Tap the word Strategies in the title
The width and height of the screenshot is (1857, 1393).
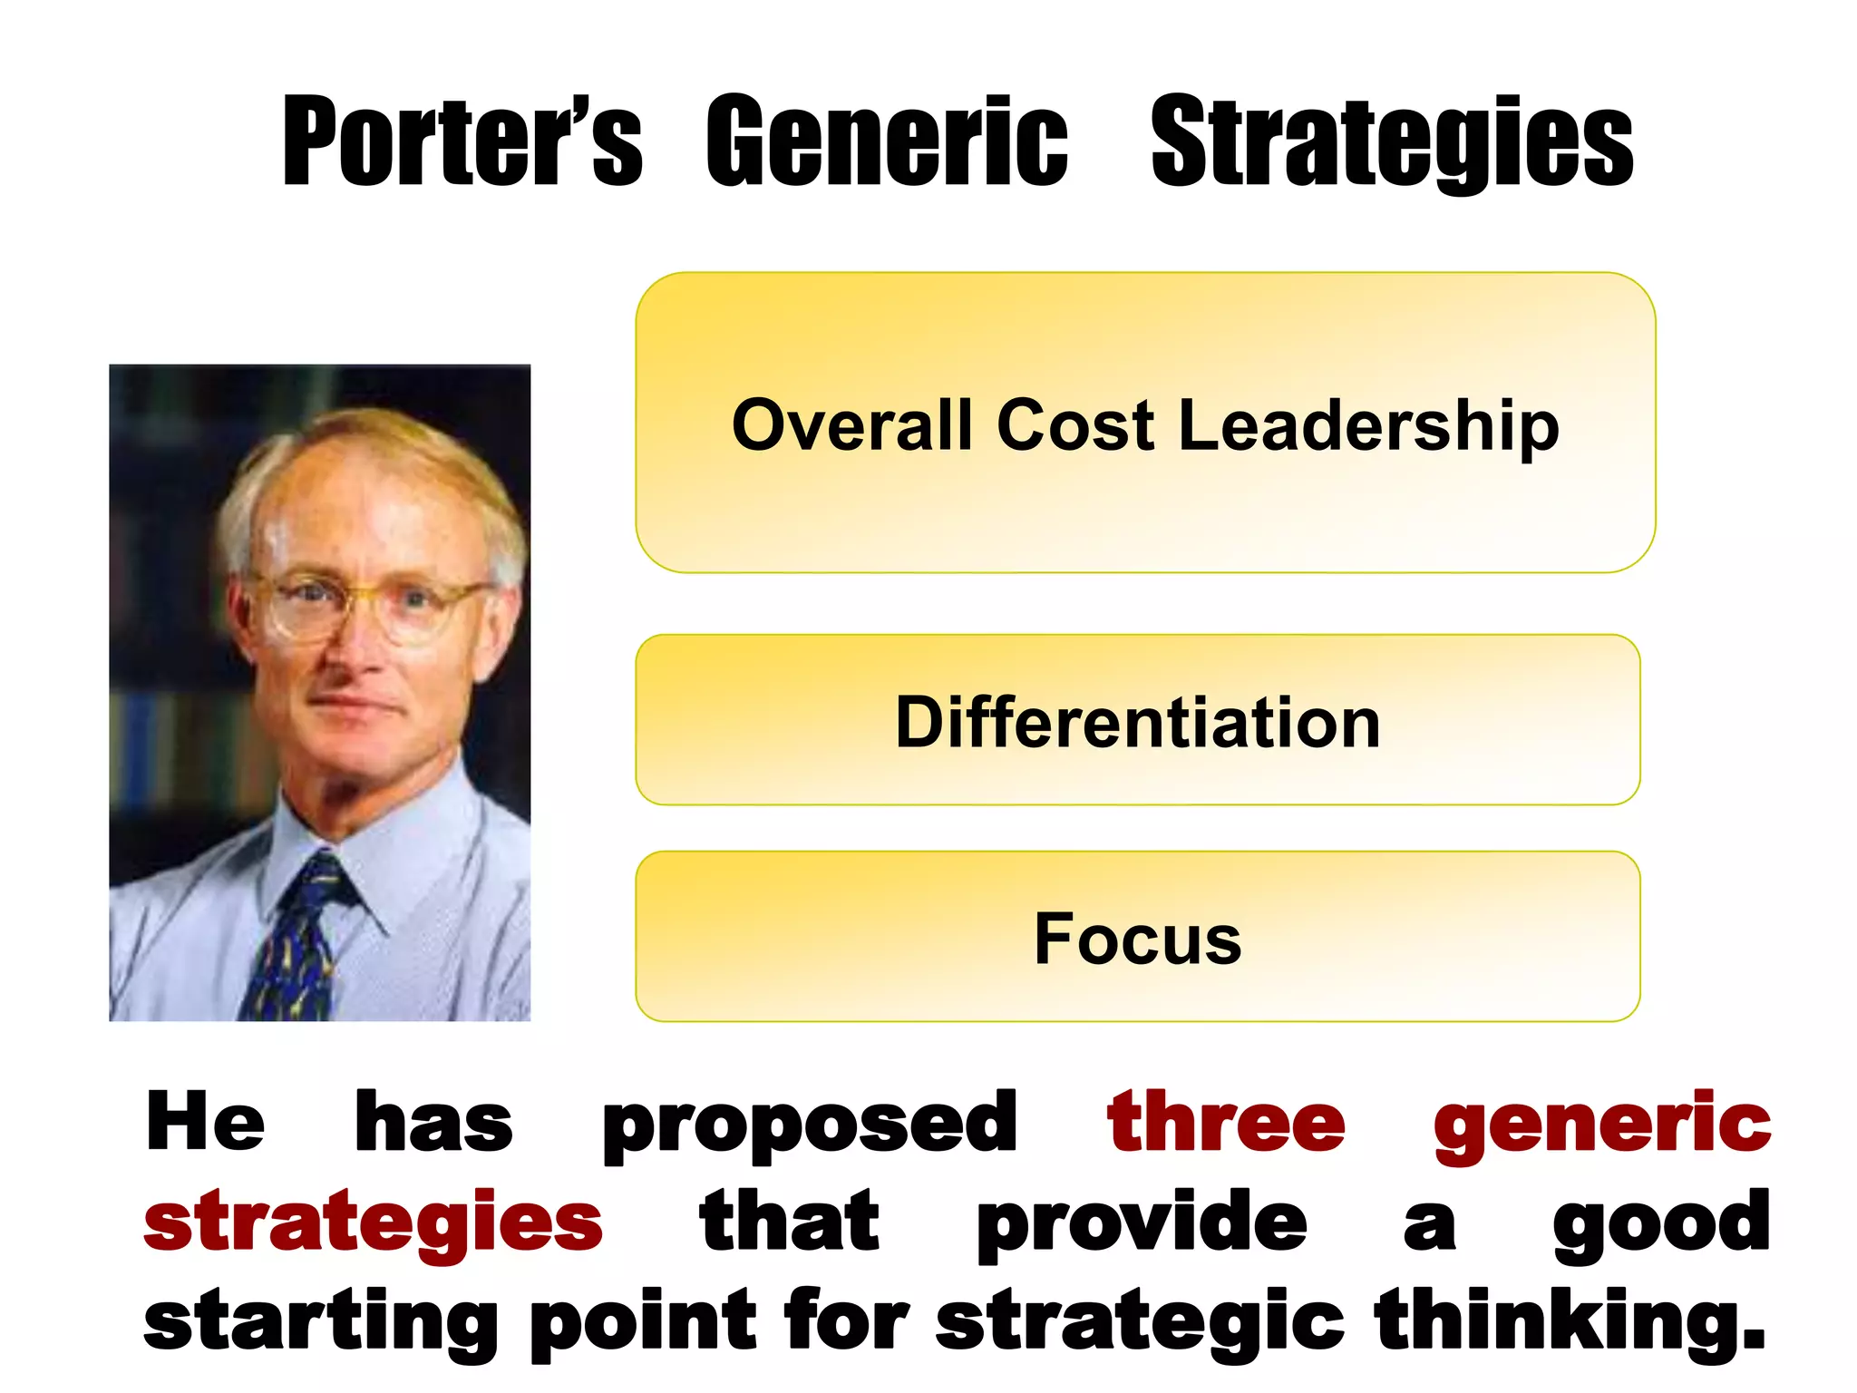pos(1392,143)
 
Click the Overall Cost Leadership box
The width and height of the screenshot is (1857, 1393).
pos(1145,508)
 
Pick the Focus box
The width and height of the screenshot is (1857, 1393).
pos(1138,989)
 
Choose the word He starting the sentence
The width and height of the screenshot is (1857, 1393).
pos(205,1123)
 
